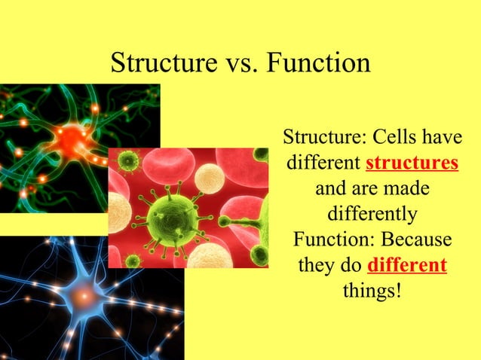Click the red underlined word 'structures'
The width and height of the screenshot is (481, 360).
tap(412, 163)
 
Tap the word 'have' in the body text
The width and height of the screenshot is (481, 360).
tap(441, 138)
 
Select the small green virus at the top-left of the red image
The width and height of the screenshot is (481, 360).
tap(130, 160)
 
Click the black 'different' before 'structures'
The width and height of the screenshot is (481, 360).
tap(323, 163)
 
